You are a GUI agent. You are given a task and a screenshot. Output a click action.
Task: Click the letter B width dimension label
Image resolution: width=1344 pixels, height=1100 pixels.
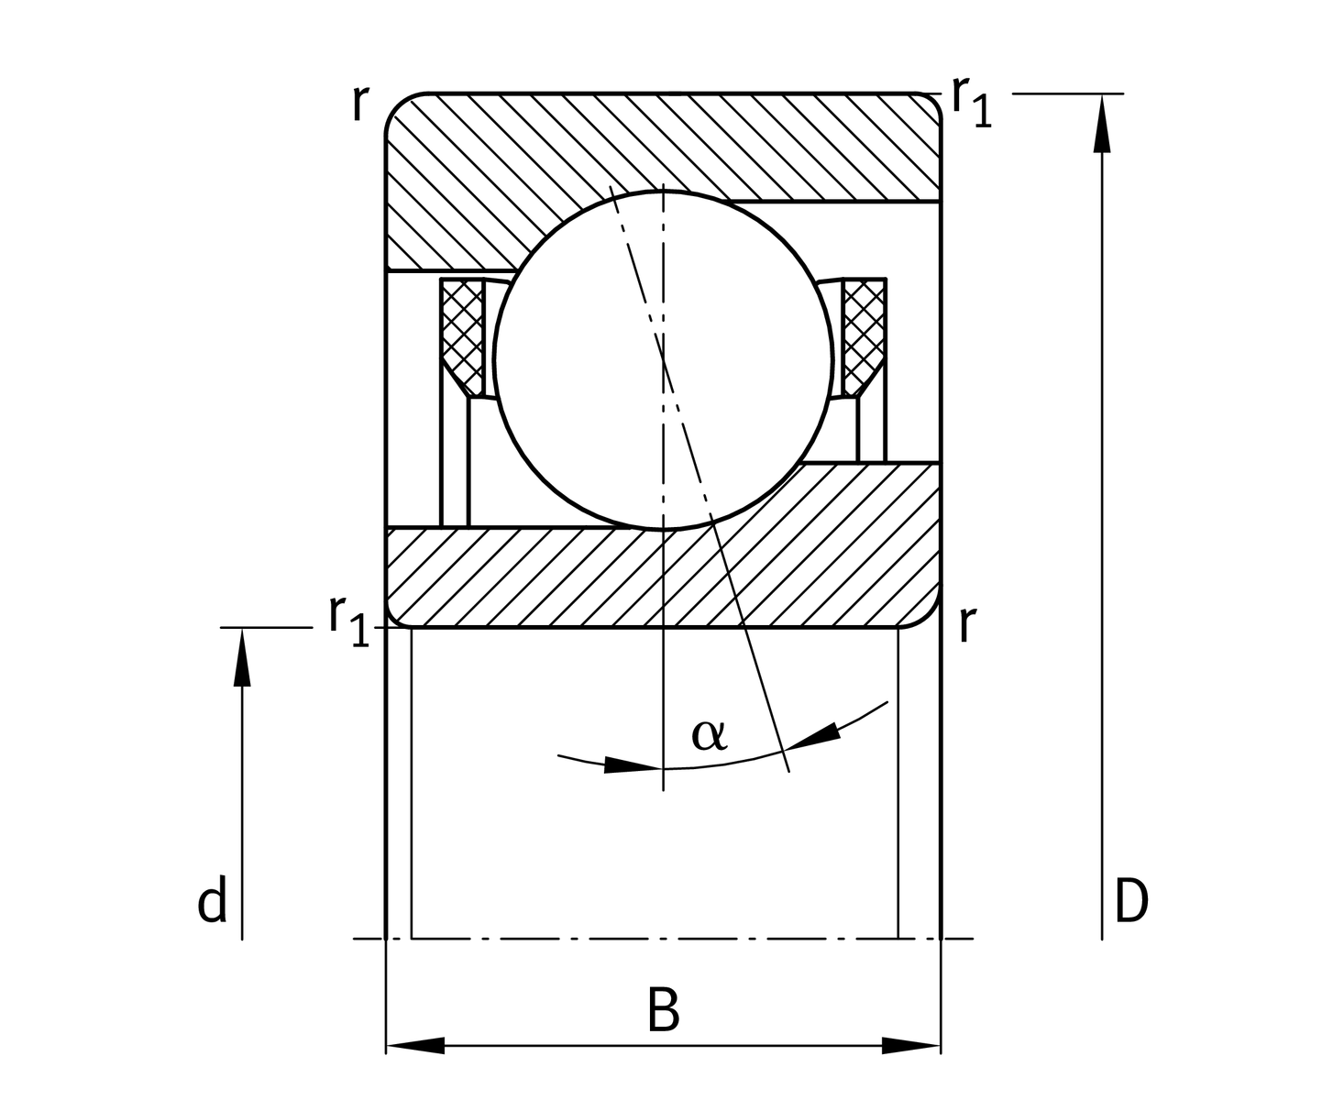click(x=663, y=1009)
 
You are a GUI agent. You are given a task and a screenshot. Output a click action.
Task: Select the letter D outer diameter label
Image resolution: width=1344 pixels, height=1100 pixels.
click(x=1130, y=901)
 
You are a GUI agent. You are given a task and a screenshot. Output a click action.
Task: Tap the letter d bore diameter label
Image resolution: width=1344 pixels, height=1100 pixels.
click(x=212, y=902)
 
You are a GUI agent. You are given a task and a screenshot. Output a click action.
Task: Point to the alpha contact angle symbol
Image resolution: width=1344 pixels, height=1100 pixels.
click(x=709, y=733)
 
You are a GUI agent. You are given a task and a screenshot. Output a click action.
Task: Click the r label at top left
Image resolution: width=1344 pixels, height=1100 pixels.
click(x=359, y=104)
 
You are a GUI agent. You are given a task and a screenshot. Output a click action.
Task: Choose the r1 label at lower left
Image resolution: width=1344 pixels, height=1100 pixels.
click(x=348, y=619)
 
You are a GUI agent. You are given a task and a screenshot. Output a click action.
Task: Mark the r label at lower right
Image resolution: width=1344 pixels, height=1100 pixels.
click(x=965, y=625)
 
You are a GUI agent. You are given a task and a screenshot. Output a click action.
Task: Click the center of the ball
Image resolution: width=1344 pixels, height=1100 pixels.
click(x=663, y=359)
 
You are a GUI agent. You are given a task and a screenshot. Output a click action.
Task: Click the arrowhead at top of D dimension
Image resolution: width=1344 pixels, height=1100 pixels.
click(x=1103, y=124)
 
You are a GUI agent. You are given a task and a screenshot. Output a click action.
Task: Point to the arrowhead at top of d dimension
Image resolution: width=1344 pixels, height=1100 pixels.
click(x=242, y=657)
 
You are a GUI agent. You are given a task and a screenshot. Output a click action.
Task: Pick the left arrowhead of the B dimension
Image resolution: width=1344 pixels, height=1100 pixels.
click(x=416, y=1045)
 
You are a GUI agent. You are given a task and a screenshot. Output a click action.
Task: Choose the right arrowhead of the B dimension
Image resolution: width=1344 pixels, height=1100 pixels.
click(x=910, y=1045)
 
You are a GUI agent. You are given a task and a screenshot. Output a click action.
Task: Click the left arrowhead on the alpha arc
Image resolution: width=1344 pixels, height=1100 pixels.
click(x=632, y=765)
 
